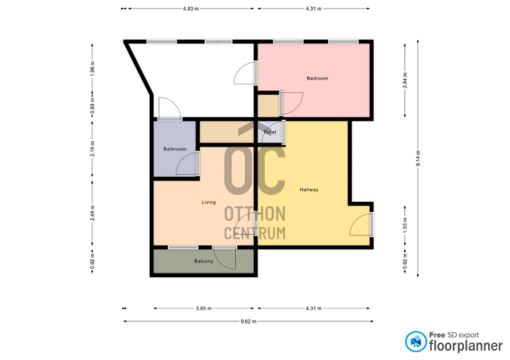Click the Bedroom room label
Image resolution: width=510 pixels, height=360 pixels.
coord(317,78)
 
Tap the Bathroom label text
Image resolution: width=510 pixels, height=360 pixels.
coord(175,149)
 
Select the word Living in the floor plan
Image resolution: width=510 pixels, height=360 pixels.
coord(208,202)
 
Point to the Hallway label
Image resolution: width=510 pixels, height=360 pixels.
coord(309,190)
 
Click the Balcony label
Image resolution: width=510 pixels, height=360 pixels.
coord(203,261)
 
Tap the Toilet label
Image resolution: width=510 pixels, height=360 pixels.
coord(270,132)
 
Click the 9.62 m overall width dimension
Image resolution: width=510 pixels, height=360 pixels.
coord(249,322)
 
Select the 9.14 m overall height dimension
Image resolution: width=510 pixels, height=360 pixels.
coord(418,159)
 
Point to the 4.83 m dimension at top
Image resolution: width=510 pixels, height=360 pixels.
coord(191,9)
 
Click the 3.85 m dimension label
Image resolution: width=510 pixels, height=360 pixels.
coord(203,308)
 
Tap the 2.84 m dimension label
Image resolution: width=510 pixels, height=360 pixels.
coord(405,80)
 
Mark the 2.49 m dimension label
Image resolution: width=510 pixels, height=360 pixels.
coord(92,213)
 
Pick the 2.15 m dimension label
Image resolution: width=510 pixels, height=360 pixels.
coord(92,148)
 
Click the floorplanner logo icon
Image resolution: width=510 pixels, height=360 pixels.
coord(416,342)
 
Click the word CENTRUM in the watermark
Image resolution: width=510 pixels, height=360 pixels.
coord(255,233)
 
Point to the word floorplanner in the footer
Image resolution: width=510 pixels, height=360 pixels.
coord(466,346)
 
